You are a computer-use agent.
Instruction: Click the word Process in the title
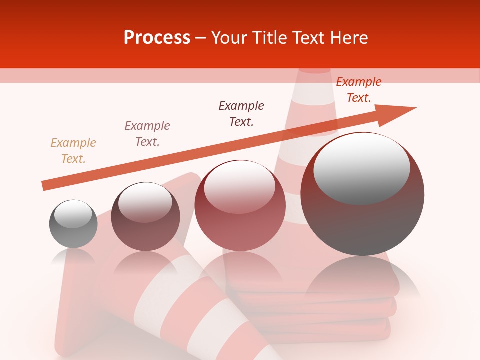point(157,37)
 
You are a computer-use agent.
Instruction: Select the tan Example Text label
point(73,150)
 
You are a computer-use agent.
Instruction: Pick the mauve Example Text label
point(147,133)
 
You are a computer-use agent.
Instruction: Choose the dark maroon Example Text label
point(241,113)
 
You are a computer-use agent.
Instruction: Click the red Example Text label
point(358,89)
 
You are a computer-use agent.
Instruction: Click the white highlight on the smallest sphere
point(73,214)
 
